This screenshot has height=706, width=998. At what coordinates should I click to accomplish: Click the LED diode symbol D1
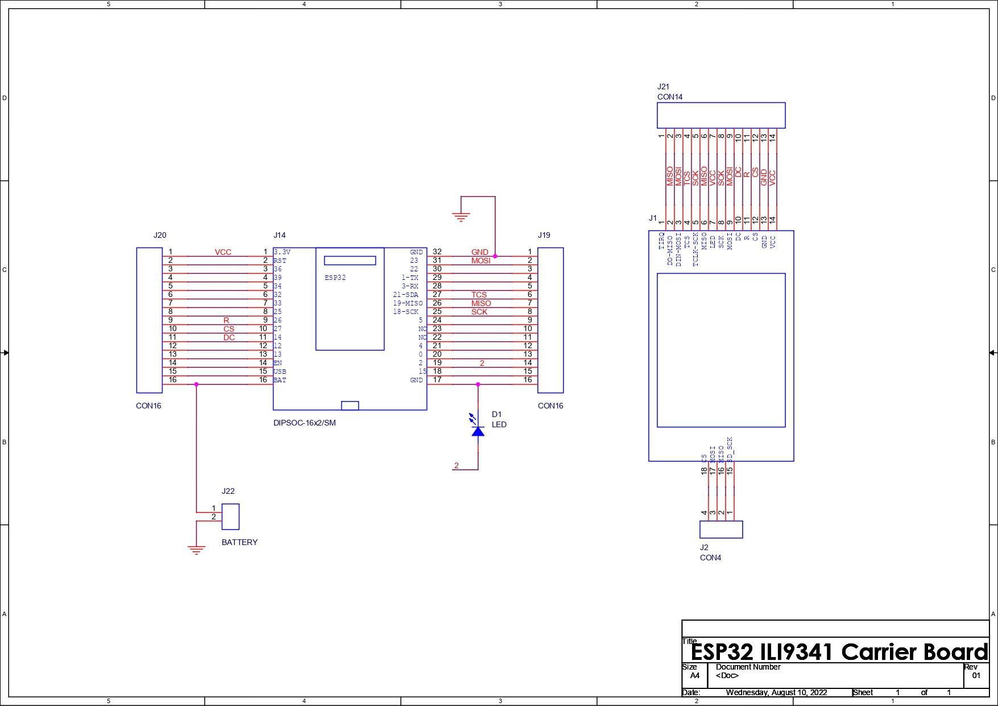pyautogui.click(x=478, y=431)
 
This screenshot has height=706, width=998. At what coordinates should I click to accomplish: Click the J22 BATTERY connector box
pyautogui.click(x=230, y=517)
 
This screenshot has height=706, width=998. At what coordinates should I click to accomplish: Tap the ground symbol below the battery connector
pyautogui.click(x=196, y=550)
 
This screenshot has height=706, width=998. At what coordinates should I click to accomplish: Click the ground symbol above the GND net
pyautogui.click(x=461, y=217)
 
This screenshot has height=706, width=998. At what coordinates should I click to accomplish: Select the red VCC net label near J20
pyautogui.click(x=223, y=252)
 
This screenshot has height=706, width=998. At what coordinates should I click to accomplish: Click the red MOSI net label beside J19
pyautogui.click(x=481, y=261)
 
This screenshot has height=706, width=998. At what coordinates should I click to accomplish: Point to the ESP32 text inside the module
pyautogui.click(x=335, y=278)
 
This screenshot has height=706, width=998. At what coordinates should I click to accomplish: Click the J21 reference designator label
pyautogui.click(x=663, y=86)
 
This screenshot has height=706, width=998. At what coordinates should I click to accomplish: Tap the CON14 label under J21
pyautogui.click(x=669, y=97)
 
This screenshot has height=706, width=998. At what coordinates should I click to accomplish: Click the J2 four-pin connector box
pyautogui.click(x=720, y=529)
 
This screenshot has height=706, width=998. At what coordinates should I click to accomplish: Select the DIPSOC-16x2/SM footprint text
pyautogui.click(x=304, y=423)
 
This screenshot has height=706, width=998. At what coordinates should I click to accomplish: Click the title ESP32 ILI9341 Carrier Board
pyautogui.click(x=839, y=652)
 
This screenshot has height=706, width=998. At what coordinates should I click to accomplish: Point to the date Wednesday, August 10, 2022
pyautogui.click(x=776, y=692)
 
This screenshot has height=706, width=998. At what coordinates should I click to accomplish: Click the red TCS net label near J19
pyautogui.click(x=479, y=295)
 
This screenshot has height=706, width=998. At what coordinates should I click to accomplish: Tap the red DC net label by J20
pyautogui.click(x=229, y=337)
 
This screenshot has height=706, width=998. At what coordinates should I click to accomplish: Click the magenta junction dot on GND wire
pyautogui.click(x=495, y=256)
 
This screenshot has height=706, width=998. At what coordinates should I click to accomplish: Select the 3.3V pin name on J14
pyautogui.click(x=282, y=251)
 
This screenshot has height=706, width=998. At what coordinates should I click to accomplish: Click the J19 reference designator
pyautogui.click(x=544, y=235)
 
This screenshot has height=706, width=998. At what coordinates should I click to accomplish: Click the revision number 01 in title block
pyautogui.click(x=976, y=676)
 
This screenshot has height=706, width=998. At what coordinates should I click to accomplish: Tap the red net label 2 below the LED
pyautogui.click(x=456, y=465)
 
